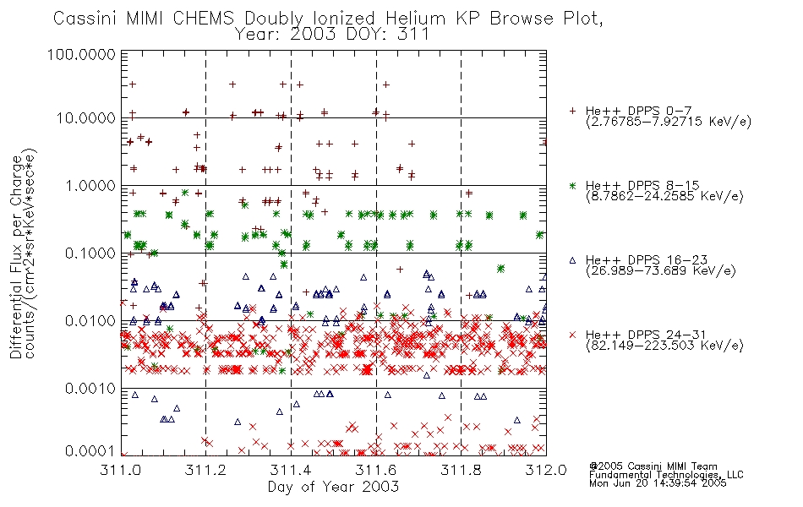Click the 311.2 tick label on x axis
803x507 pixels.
pos(205,470)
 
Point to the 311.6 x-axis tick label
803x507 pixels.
pos(376,470)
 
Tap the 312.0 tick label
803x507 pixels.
pos(546,470)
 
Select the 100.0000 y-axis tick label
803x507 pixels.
pos(81,54)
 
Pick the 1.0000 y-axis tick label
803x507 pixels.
pos(90,186)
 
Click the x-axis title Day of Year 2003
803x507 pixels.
pos(333,487)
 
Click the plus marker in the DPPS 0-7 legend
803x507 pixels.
pos(572,111)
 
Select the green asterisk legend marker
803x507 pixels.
pos(572,185)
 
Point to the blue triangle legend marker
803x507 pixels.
pos(572,260)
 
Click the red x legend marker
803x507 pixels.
pos(572,335)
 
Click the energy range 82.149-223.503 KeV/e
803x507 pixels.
pos(664,346)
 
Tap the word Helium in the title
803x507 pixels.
pos(415,19)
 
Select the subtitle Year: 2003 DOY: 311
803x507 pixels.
pos(332,35)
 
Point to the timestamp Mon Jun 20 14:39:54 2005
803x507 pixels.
pos(658,483)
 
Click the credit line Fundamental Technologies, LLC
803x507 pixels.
pos(666,475)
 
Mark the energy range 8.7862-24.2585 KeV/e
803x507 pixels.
pos(664,196)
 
